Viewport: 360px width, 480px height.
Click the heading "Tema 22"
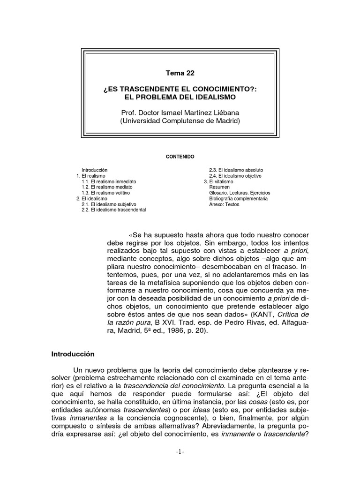[180, 73]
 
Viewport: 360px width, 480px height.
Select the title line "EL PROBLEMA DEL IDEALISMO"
[180, 97]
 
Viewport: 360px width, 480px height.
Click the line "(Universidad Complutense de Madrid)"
[180, 120]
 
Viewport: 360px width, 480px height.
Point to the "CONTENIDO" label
[180, 156]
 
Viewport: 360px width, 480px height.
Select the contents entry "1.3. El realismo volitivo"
[105, 193]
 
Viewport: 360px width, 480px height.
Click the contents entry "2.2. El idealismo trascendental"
[113, 210]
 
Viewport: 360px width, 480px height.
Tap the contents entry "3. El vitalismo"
[218, 181]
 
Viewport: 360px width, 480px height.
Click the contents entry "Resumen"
[219, 187]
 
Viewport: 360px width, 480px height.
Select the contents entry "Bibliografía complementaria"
[239, 199]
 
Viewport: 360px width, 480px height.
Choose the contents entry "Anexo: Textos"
[224, 204]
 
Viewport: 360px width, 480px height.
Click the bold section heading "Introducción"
[73, 354]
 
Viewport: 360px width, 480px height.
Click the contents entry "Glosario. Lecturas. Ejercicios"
[240, 193]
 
